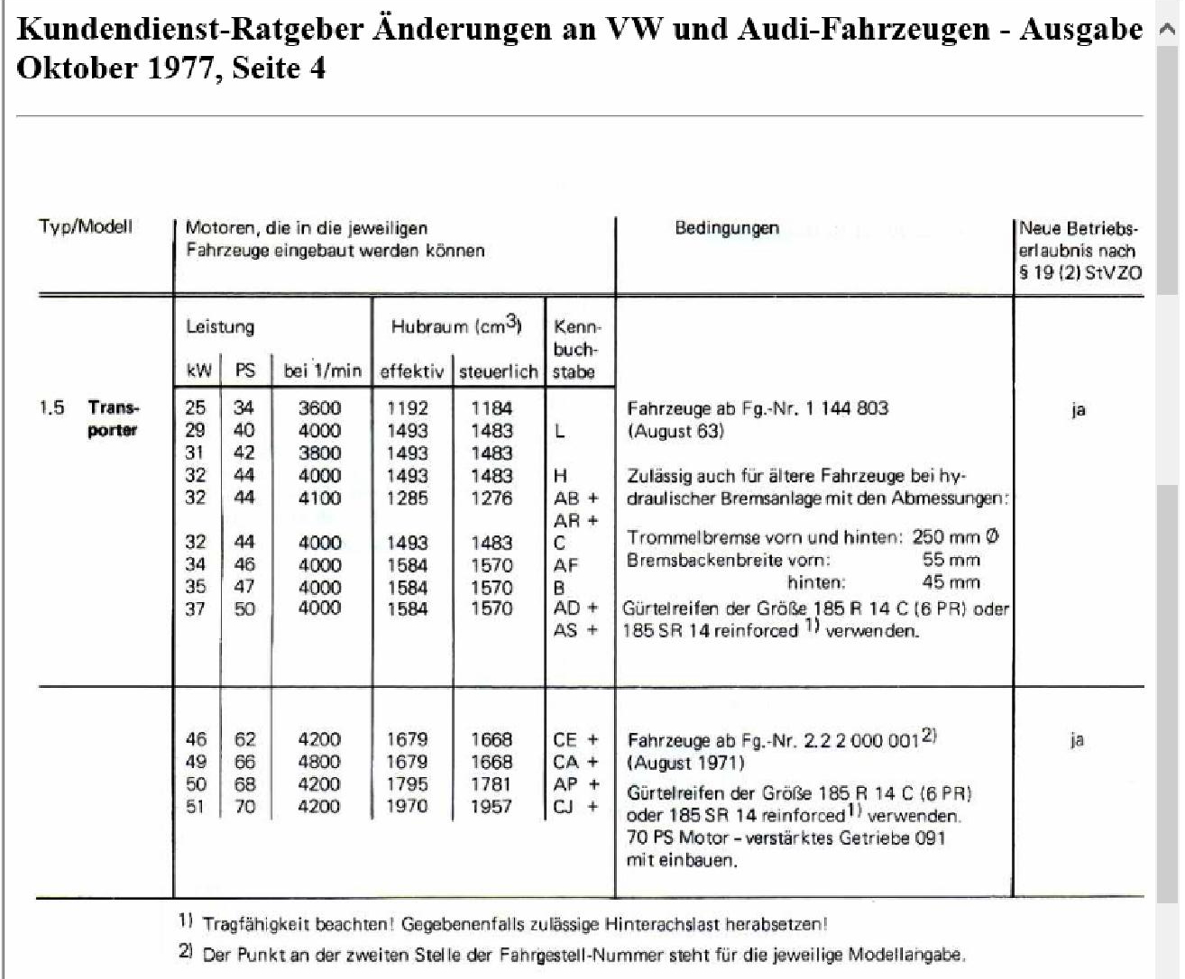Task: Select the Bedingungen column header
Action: tap(726, 227)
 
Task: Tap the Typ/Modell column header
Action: tap(85, 226)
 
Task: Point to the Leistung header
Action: tap(220, 326)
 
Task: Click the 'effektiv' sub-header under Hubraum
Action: tap(412, 371)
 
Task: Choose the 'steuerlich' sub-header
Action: tap(498, 371)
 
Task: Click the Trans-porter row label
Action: tap(113, 418)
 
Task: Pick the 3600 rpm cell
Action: tap(319, 408)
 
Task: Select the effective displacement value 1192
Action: tap(407, 408)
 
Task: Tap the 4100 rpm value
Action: tap(319, 498)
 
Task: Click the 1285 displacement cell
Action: tap(407, 498)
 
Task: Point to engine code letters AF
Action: tap(565, 565)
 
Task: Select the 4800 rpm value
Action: tap(319, 762)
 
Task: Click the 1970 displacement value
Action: tap(407, 806)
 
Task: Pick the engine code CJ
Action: tap(564, 806)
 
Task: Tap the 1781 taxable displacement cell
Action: tap(491, 784)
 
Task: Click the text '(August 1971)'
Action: tap(685, 763)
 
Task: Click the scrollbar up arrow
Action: tap(1167, 30)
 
